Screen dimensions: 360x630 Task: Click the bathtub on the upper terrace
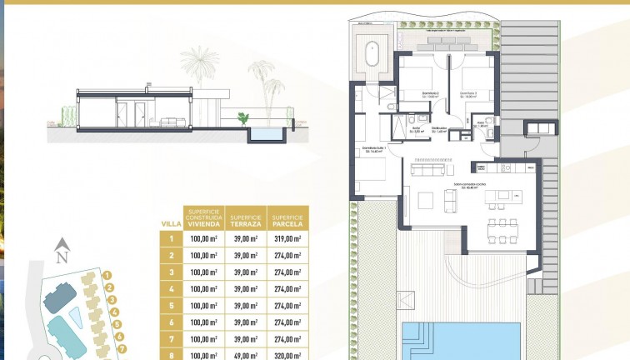[372, 54]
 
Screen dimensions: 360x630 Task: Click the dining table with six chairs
[502, 227]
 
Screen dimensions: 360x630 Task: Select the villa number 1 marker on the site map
[108, 275]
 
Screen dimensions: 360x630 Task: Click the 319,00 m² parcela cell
[287, 238]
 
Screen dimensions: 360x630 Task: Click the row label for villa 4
[171, 289]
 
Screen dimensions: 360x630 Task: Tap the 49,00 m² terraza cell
[246, 355]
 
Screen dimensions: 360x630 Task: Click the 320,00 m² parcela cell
[287, 355]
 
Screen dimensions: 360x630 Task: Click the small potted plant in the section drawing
[242, 118]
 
